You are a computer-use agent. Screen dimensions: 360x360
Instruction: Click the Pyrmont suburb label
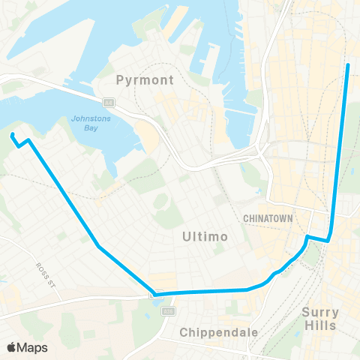145,79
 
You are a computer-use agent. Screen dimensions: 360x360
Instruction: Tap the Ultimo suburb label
203,237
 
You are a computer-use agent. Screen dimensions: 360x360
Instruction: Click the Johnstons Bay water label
90,123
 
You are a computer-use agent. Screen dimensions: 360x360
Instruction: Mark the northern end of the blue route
348,66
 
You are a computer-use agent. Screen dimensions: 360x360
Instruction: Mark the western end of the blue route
13,135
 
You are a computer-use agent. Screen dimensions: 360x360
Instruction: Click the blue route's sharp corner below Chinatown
328,241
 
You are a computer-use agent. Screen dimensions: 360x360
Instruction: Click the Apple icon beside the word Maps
11,347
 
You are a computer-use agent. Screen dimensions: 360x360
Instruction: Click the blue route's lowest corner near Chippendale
154,293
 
